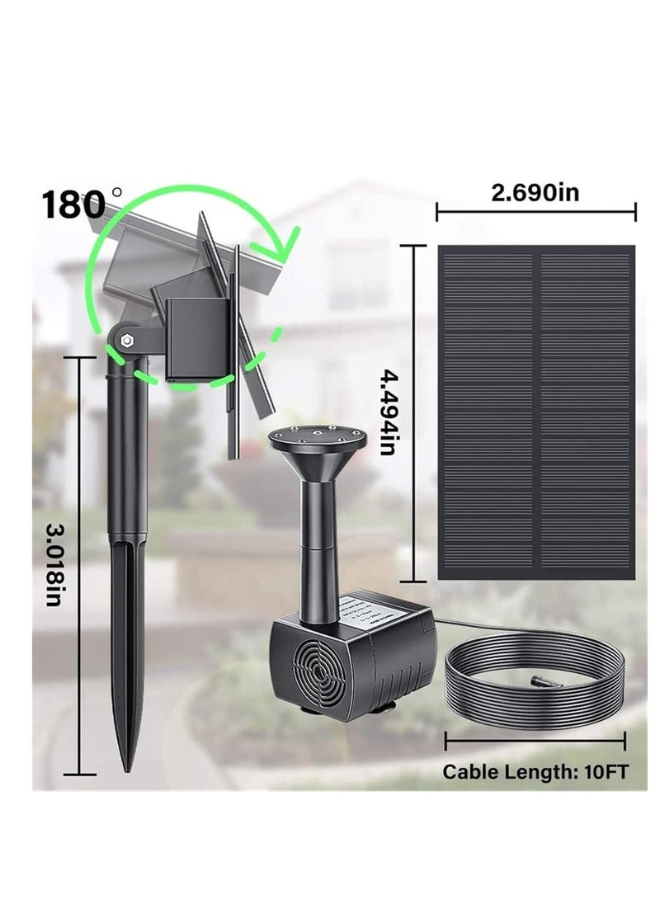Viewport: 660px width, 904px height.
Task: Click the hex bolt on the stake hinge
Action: coord(126,340)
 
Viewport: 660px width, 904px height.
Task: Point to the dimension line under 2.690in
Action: coord(535,214)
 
